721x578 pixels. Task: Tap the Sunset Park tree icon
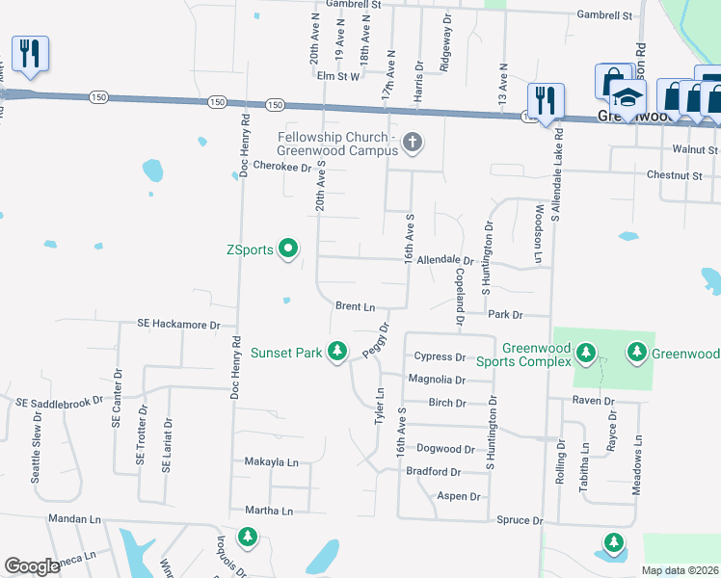pyautogui.click(x=337, y=353)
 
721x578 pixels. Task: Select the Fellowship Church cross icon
pyautogui.click(x=413, y=144)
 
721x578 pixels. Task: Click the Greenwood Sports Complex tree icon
pyautogui.click(x=586, y=355)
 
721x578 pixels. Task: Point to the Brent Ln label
pyautogui.click(x=355, y=306)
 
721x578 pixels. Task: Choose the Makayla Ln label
pyautogui.click(x=271, y=462)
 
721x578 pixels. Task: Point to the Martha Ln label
pyautogui.click(x=269, y=511)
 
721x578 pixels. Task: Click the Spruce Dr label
pyautogui.click(x=520, y=520)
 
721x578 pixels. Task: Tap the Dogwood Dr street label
pyautogui.click(x=445, y=449)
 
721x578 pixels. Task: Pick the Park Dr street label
pyautogui.click(x=504, y=315)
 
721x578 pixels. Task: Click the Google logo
pyautogui.click(x=32, y=566)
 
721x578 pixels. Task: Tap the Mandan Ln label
pyautogui.click(x=69, y=517)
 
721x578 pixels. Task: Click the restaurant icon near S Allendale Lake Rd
pyautogui.click(x=546, y=100)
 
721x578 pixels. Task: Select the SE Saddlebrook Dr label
pyautogui.click(x=59, y=400)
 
